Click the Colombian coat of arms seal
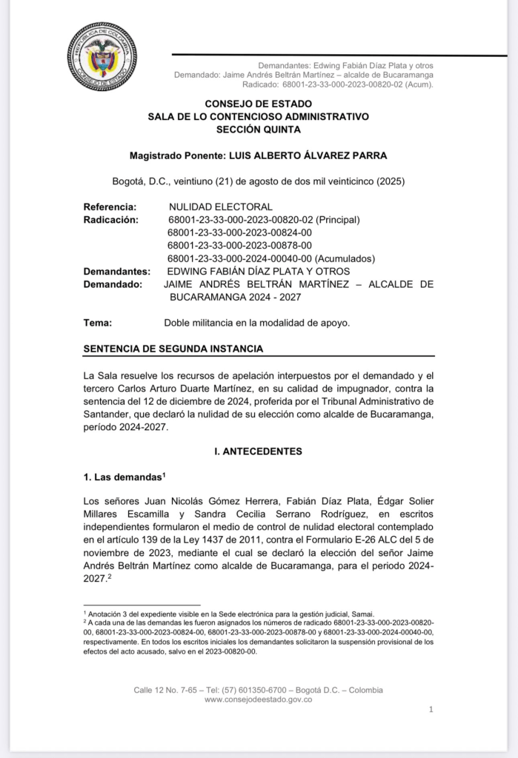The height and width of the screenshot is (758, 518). click(102, 57)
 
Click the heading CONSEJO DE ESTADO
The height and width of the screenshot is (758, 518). click(258, 104)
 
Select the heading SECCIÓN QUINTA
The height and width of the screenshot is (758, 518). click(258, 129)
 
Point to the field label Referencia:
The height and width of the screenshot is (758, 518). click(110, 207)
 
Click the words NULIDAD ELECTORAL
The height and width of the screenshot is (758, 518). click(221, 207)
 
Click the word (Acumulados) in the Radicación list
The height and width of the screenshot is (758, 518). click(345, 258)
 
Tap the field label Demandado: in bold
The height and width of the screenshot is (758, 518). click(113, 284)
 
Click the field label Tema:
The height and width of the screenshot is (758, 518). click(98, 323)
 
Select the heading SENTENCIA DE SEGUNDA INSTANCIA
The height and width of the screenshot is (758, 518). click(173, 349)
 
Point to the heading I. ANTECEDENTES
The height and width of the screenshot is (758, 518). click(258, 451)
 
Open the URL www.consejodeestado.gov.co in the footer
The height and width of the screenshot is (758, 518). click(258, 700)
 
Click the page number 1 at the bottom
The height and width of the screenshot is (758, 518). click(431, 709)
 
